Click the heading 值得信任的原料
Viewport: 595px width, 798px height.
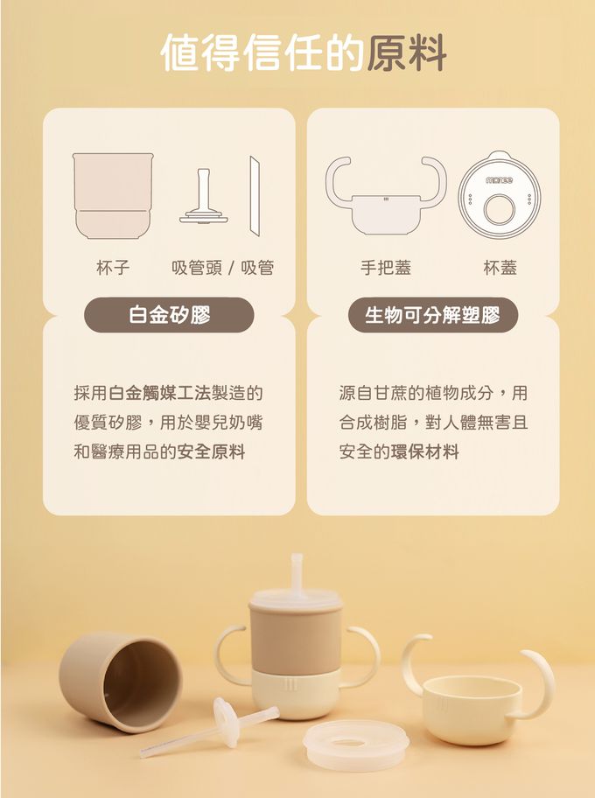[304, 52]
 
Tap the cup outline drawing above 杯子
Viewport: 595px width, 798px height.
[113, 195]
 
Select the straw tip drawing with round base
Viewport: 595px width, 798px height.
[203, 199]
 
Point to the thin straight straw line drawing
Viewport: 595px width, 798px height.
[255, 197]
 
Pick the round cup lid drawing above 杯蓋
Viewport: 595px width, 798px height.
[499, 194]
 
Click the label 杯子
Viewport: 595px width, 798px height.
[113, 268]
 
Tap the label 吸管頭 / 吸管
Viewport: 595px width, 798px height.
[222, 268]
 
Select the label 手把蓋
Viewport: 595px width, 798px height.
[386, 268]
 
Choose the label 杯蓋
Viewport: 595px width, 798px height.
[500, 268]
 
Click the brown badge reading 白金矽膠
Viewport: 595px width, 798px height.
[169, 315]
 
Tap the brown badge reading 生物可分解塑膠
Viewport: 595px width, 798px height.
[432, 315]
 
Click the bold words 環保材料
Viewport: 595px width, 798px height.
[424, 452]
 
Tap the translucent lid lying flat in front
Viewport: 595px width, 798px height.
[355, 745]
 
